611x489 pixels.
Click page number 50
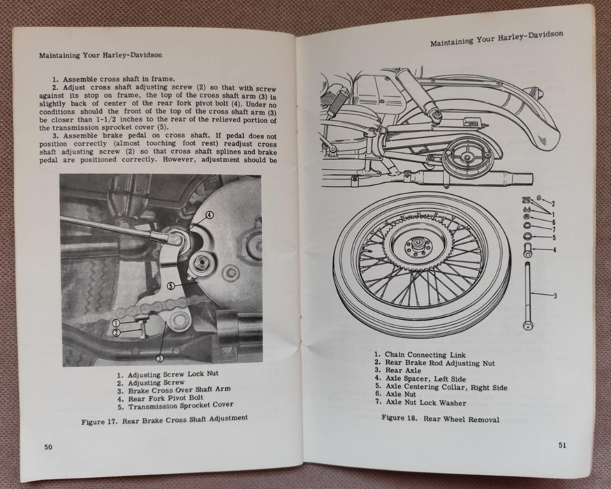click(x=48, y=447)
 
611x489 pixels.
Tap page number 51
click(x=562, y=445)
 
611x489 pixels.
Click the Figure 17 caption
click(x=164, y=420)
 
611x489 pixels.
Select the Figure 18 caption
click(x=441, y=419)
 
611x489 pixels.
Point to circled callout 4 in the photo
click(x=209, y=215)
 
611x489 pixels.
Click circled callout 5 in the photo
click(x=171, y=286)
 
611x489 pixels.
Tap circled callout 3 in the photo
click(x=160, y=358)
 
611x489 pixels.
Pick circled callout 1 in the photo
click(x=116, y=323)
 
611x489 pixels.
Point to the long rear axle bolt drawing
click(x=529, y=295)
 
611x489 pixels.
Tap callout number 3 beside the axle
click(x=555, y=296)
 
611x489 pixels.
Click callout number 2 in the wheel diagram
click(x=553, y=203)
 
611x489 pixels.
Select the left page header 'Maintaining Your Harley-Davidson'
click(x=101, y=55)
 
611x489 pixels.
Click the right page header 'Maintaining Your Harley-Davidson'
click(x=496, y=38)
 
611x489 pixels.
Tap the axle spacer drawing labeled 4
click(x=529, y=250)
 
